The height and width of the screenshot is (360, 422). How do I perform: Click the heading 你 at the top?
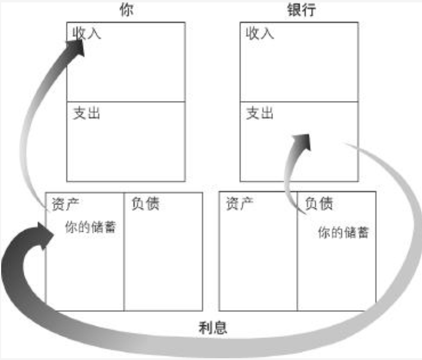tap(126, 11)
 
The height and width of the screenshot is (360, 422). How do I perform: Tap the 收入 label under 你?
tap(87, 33)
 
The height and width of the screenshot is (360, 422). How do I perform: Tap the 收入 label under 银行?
tap(260, 33)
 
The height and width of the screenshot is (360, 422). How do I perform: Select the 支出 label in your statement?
tap(87, 113)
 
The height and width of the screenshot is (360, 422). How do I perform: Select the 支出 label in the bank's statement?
tap(260, 113)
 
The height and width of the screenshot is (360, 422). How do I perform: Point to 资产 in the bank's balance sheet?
tap(240, 204)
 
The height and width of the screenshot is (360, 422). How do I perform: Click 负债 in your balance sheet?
tap(144, 204)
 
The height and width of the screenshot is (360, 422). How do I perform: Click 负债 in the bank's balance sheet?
tap(318, 204)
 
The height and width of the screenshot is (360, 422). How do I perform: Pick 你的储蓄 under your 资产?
tap(90, 227)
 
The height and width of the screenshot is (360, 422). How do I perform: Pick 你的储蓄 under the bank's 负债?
tap(343, 232)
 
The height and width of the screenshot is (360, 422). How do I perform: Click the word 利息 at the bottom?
tap(213, 327)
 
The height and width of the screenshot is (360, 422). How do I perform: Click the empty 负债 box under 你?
tap(163, 261)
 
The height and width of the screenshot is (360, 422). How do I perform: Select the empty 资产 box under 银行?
tap(258, 261)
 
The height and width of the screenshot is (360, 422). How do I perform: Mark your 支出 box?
tap(125, 146)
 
